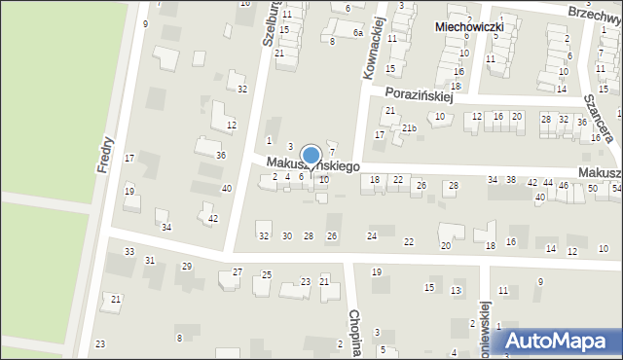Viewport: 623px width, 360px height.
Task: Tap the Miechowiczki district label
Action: tap(469, 28)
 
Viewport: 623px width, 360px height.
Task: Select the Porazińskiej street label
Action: tap(421, 92)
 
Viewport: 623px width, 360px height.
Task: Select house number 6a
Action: tap(357, 33)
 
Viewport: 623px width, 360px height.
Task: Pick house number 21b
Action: tap(410, 128)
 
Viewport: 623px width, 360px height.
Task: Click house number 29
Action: tap(187, 267)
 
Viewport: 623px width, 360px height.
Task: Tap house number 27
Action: tap(238, 272)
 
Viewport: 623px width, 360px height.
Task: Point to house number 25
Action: tap(267, 275)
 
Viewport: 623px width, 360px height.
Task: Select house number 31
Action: tap(149, 261)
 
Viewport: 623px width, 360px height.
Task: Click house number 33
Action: tap(129, 252)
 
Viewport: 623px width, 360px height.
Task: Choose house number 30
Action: tap(286, 236)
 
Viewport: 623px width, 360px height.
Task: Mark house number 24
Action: tap(371, 236)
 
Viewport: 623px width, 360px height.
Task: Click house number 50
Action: tap(592, 187)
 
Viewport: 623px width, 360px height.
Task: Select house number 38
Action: tap(511, 180)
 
